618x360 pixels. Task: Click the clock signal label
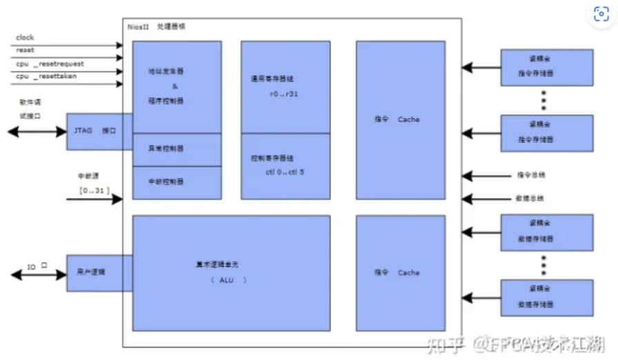[25, 37]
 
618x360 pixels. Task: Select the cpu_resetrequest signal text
[50, 63]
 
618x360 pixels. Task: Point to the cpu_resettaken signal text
[46, 76]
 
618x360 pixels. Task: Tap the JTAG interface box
[99, 130]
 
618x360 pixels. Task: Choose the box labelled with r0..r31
[285, 86]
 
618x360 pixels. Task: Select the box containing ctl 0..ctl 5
[285, 166]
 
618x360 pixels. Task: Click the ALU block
[230, 272]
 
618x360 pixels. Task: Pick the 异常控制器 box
[177, 149]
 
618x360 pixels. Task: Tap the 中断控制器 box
[177, 182]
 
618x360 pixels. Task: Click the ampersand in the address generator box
[175, 87]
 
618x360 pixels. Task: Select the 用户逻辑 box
[99, 272]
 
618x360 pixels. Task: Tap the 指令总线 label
[531, 175]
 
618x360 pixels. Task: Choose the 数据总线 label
[531, 199]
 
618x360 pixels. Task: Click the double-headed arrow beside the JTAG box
[36, 131]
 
